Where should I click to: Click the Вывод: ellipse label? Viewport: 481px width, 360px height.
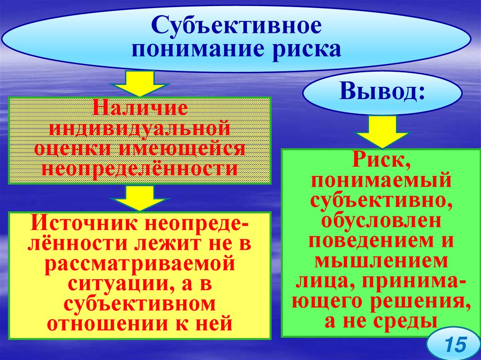tap(382, 92)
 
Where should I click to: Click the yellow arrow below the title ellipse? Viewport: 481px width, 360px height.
tap(139, 84)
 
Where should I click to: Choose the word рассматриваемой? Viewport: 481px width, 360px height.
tap(140, 264)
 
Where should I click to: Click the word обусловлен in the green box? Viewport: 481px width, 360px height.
tap(380, 221)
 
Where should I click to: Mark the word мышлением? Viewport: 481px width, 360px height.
tap(380, 261)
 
